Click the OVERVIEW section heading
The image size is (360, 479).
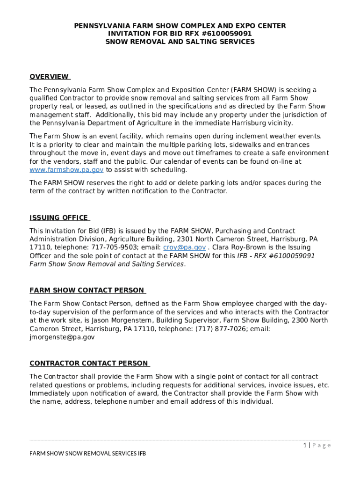(49, 77)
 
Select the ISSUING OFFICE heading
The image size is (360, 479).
(59, 218)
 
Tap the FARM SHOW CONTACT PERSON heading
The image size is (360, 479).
(87, 290)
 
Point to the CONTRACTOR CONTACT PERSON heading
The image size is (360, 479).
(89, 363)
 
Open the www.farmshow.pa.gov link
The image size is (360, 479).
(66, 170)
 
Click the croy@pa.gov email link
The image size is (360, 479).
(184, 247)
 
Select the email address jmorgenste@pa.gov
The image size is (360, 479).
(62, 337)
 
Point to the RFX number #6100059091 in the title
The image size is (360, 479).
(227, 34)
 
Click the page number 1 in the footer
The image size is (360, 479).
(304, 445)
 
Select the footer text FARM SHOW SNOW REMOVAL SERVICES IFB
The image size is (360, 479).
(88, 454)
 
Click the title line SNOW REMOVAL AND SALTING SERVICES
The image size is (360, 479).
(180, 42)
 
